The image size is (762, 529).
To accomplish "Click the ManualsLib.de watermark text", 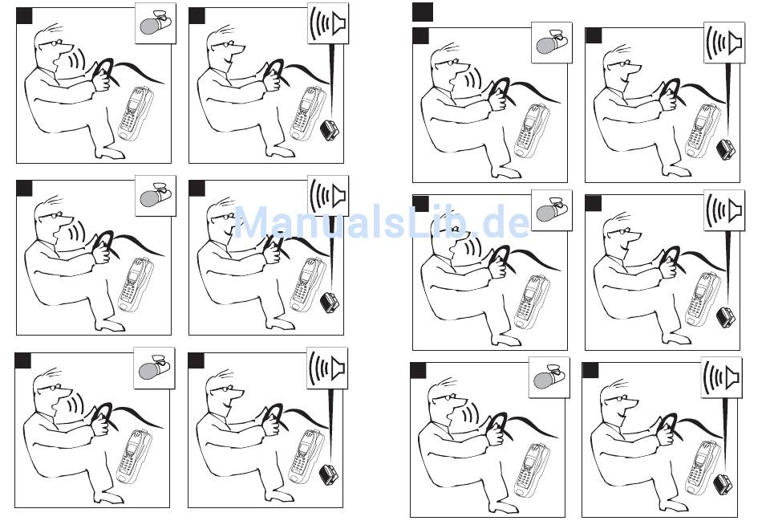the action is [x=382, y=222].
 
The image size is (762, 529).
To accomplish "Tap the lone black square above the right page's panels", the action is [x=422, y=12].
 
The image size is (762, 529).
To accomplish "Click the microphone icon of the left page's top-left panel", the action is [x=156, y=23].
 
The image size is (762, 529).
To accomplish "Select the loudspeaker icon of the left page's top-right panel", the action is [x=328, y=22].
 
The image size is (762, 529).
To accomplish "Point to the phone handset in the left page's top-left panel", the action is [x=136, y=114].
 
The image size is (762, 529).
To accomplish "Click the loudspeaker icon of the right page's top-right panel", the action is [x=724, y=43].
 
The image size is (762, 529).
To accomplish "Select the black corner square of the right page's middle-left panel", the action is [x=421, y=204].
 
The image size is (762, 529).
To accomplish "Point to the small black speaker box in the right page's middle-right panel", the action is [x=726, y=318].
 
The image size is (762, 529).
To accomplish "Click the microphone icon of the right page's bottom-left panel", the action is [x=549, y=377].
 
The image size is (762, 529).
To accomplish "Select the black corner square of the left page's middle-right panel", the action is [x=197, y=188].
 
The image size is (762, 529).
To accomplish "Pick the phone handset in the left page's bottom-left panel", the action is [x=135, y=458].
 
